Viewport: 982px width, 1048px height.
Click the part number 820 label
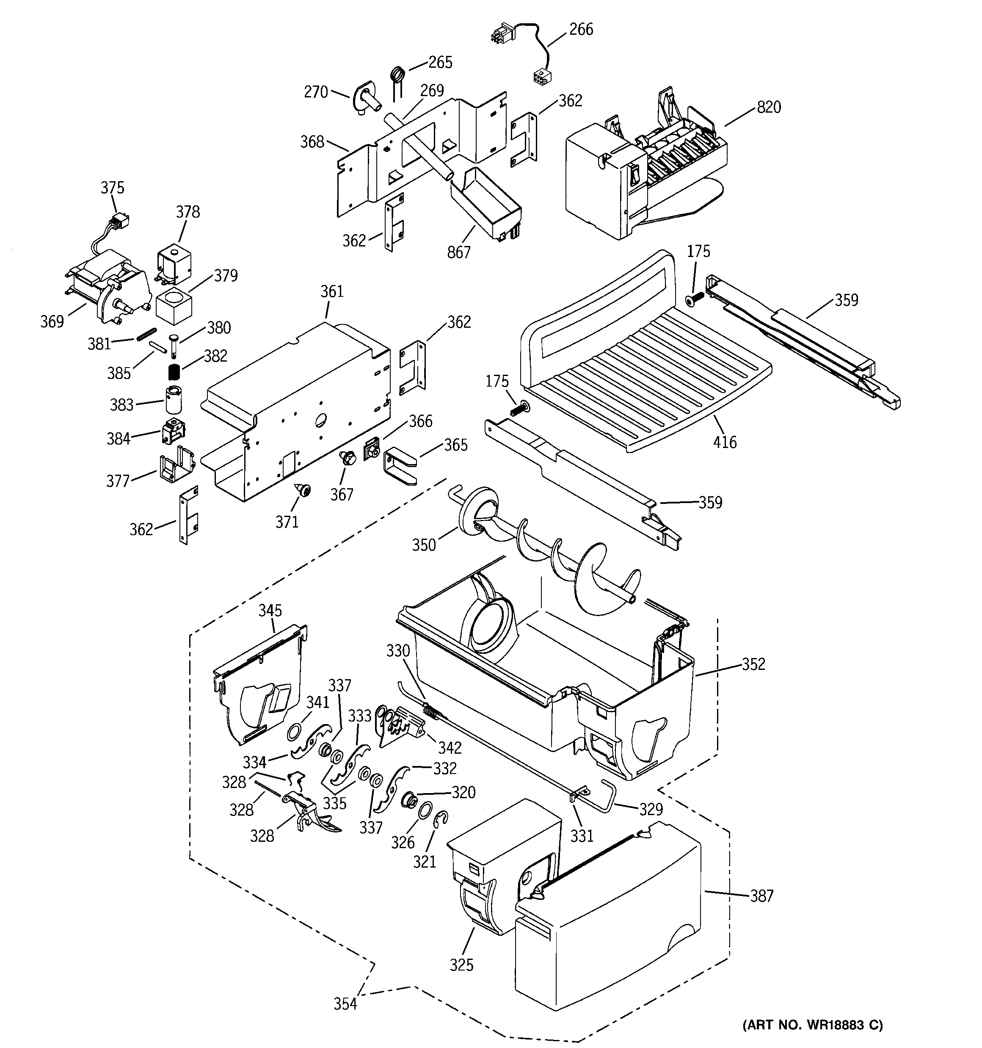(x=769, y=108)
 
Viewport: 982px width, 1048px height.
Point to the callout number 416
(x=724, y=442)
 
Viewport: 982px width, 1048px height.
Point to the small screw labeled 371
(x=305, y=490)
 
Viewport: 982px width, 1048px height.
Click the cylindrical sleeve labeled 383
(x=174, y=400)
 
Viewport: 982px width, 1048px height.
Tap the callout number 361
(x=331, y=291)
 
